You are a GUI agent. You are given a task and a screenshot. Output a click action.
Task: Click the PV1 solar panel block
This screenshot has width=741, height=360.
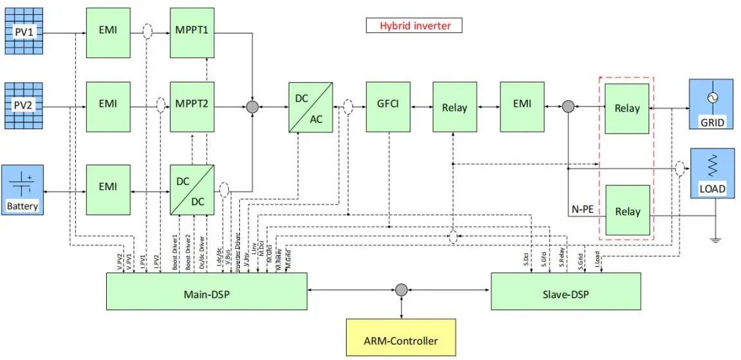(x=24, y=30)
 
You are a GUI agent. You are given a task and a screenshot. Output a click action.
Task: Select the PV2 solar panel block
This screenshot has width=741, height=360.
(x=24, y=105)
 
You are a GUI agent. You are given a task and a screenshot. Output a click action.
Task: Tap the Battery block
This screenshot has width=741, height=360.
(x=23, y=190)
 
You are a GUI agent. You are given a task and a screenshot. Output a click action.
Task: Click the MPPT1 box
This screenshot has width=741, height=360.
(x=191, y=30)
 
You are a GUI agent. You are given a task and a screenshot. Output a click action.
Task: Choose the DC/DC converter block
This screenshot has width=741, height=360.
(x=192, y=190)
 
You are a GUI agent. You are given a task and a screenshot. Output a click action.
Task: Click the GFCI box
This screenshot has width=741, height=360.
(x=388, y=106)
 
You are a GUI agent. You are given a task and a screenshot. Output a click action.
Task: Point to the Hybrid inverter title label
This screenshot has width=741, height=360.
(x=414, y=26)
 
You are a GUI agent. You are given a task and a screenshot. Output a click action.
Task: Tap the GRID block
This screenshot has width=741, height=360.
(x=711, y=104)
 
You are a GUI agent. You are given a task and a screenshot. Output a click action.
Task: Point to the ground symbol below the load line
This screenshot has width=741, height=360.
(x=715, y=240)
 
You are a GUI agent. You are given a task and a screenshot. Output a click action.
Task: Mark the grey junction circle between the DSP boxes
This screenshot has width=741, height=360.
(x=401, y=290)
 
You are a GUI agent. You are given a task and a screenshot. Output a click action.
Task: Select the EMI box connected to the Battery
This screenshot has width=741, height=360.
(x=109, y=186)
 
